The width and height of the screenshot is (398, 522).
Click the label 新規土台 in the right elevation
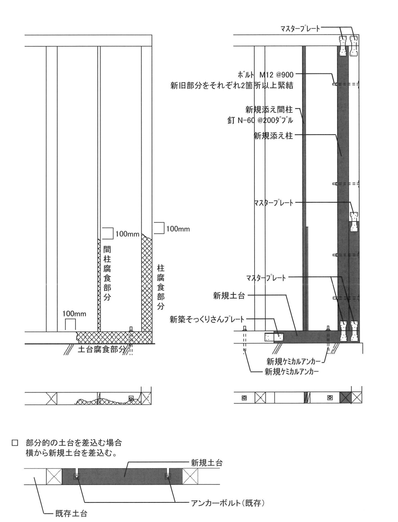point(229,296)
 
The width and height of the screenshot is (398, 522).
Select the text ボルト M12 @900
point(265,75)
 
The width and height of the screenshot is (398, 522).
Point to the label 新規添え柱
point(273,136)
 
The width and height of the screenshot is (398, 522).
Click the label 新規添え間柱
point(269,110)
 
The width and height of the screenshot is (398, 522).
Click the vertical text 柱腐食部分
point(161,287)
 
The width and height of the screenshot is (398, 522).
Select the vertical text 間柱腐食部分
point(107,272)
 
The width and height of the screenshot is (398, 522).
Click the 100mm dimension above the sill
point(74,314)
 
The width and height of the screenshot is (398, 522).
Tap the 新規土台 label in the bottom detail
point(206,462)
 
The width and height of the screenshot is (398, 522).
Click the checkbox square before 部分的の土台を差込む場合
point(16,442)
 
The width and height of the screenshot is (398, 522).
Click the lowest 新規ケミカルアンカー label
point(292,372)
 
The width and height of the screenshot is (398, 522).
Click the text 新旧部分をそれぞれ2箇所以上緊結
point(232,86)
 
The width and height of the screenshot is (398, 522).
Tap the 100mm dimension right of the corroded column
point(178,229)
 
